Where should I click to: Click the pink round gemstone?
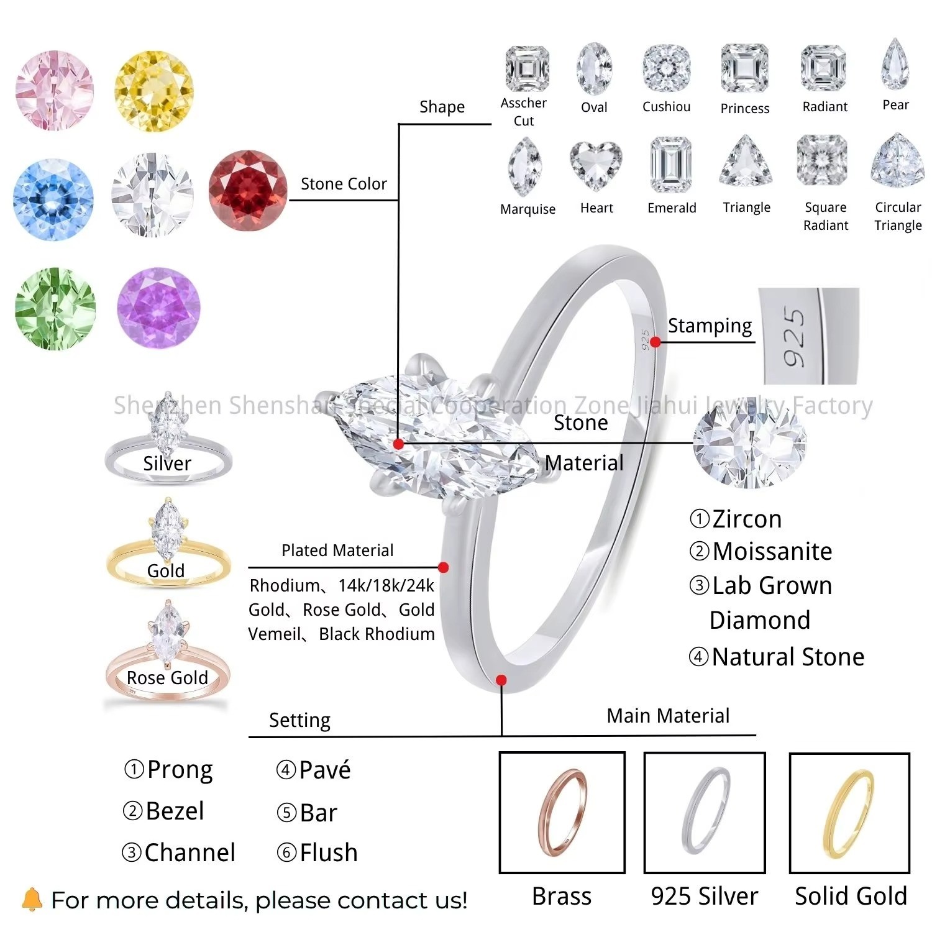pos(55,91)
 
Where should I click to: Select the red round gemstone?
pos(248,191)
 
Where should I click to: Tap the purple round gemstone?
pos(159,309)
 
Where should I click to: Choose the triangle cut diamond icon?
pos(746,162)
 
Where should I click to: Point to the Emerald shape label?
pos(672,208)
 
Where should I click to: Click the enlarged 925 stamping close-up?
pos(808,336)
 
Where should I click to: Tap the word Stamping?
pos(710,326)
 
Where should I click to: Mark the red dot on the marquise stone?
pos(399,444)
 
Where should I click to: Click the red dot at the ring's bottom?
pos(501,680)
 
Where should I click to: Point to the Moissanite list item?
pos(761,551)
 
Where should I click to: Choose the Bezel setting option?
pos(163,811)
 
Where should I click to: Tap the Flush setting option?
pos(317,852)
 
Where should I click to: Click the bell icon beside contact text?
pos(32,899)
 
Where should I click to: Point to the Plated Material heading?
pos(337,551)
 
